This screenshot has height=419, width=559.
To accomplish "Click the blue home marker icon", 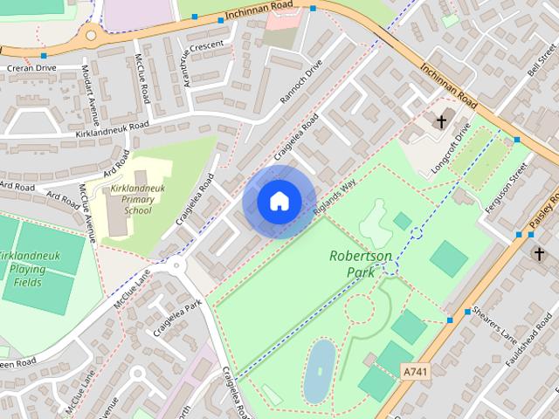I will coord(279,202).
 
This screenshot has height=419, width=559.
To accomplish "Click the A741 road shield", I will coord(416,372).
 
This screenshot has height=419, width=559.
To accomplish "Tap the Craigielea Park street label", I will coord(177,318).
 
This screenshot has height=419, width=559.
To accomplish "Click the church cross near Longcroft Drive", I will coord(442,122).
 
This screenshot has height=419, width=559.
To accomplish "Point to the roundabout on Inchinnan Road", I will coord(89,38).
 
